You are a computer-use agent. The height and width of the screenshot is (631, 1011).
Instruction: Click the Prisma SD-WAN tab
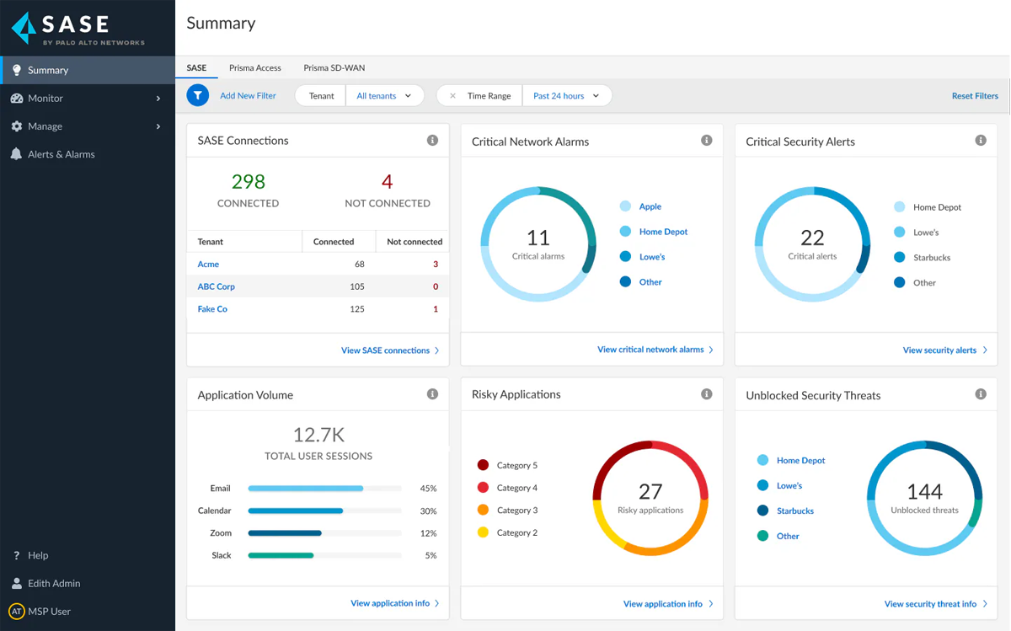(334, 68)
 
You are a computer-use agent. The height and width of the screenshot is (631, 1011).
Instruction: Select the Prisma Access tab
(254, 68)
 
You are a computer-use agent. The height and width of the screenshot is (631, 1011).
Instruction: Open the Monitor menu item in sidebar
(45, 99)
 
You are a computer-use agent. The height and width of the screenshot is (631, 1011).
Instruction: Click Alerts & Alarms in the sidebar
(61, 154)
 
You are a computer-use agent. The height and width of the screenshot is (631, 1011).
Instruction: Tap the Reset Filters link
(974, 96)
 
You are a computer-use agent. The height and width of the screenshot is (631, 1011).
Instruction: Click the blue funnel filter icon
(197, 96)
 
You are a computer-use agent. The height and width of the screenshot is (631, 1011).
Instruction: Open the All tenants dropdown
(384, 96)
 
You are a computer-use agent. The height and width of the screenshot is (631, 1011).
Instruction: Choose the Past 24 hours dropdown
(566, 96)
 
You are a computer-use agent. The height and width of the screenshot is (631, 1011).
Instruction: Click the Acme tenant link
(208, 265)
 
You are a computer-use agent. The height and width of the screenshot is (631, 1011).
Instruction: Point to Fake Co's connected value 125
(356, 309)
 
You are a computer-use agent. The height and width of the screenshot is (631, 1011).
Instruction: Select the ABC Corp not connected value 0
(435, 286)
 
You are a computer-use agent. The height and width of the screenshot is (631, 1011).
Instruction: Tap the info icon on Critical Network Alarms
(706, 141)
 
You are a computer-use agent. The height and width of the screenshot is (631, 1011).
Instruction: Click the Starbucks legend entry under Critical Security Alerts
(931, 258)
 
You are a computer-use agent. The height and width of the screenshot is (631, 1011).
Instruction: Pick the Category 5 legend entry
(516, 465)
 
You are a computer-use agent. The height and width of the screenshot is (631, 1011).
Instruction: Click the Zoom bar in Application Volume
(285, 533)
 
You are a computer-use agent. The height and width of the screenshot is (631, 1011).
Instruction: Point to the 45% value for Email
(428, 489)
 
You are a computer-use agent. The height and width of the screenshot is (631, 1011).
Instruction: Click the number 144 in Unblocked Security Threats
(924, 491)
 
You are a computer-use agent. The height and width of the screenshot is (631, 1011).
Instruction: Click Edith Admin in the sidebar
(54, 583)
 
